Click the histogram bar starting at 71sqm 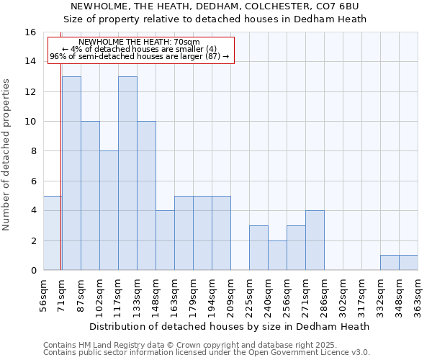click(x=71, y=173)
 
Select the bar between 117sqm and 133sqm click(x=127, y=173)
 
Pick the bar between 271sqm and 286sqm click(x=315, y=240)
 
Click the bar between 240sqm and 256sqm click(x=277, y=256)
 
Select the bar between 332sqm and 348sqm click(x=390, y=263)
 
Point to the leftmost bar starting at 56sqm click(x=52, y=233)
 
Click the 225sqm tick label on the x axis click(x=250, y=296)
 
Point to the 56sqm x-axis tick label click(x=44, y=296)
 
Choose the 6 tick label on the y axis click(x=33, y=181)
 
